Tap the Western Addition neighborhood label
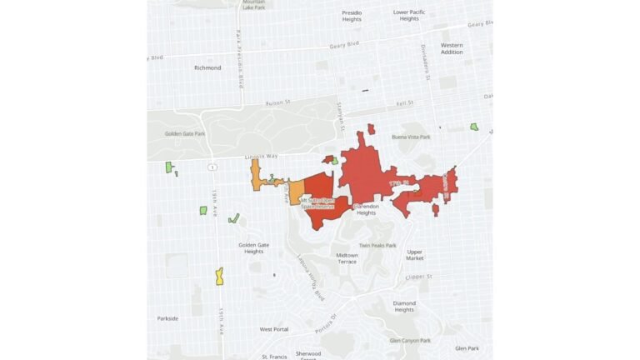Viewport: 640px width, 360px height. tap(452, 48)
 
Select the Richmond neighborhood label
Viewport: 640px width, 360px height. tap(207, 67)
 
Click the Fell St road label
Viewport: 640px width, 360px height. tap(405, 102)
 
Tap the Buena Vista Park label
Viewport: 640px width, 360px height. tap(412, 137)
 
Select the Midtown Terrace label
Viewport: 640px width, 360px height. tap(347, 258)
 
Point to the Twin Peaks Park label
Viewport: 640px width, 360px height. tap(378, 246)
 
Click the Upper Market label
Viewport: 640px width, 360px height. tap(415, 255)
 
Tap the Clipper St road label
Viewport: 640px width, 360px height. tap(418, 276)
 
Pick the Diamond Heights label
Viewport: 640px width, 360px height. tap(404, 307)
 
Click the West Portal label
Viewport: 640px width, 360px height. tap(273, 329)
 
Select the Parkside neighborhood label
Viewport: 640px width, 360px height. tap(167, 318)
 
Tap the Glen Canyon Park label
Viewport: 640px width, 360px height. tap(410, 340)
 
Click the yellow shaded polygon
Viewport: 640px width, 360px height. tap(219, 276)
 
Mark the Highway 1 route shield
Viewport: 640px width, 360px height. tap(214, 167)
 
